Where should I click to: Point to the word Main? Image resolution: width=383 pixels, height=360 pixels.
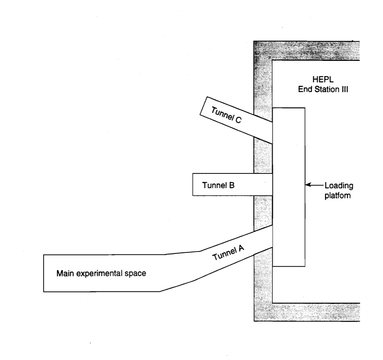(64, 273)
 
